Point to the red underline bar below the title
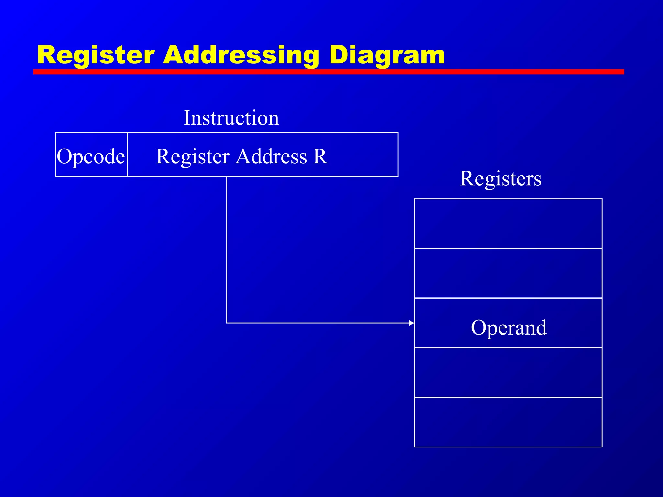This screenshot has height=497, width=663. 328,72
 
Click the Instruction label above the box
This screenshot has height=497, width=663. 231,118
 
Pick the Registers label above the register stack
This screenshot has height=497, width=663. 500,178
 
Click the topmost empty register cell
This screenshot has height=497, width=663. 508,224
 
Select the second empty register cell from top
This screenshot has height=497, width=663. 508,273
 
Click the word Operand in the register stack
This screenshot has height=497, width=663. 509,327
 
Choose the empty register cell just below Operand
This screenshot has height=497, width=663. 508,372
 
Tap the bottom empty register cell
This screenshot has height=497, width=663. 508,422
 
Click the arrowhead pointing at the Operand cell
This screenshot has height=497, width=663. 411,323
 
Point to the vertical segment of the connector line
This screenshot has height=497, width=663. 227,249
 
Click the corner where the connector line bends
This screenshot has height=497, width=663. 227,323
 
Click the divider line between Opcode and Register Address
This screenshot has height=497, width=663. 127,154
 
